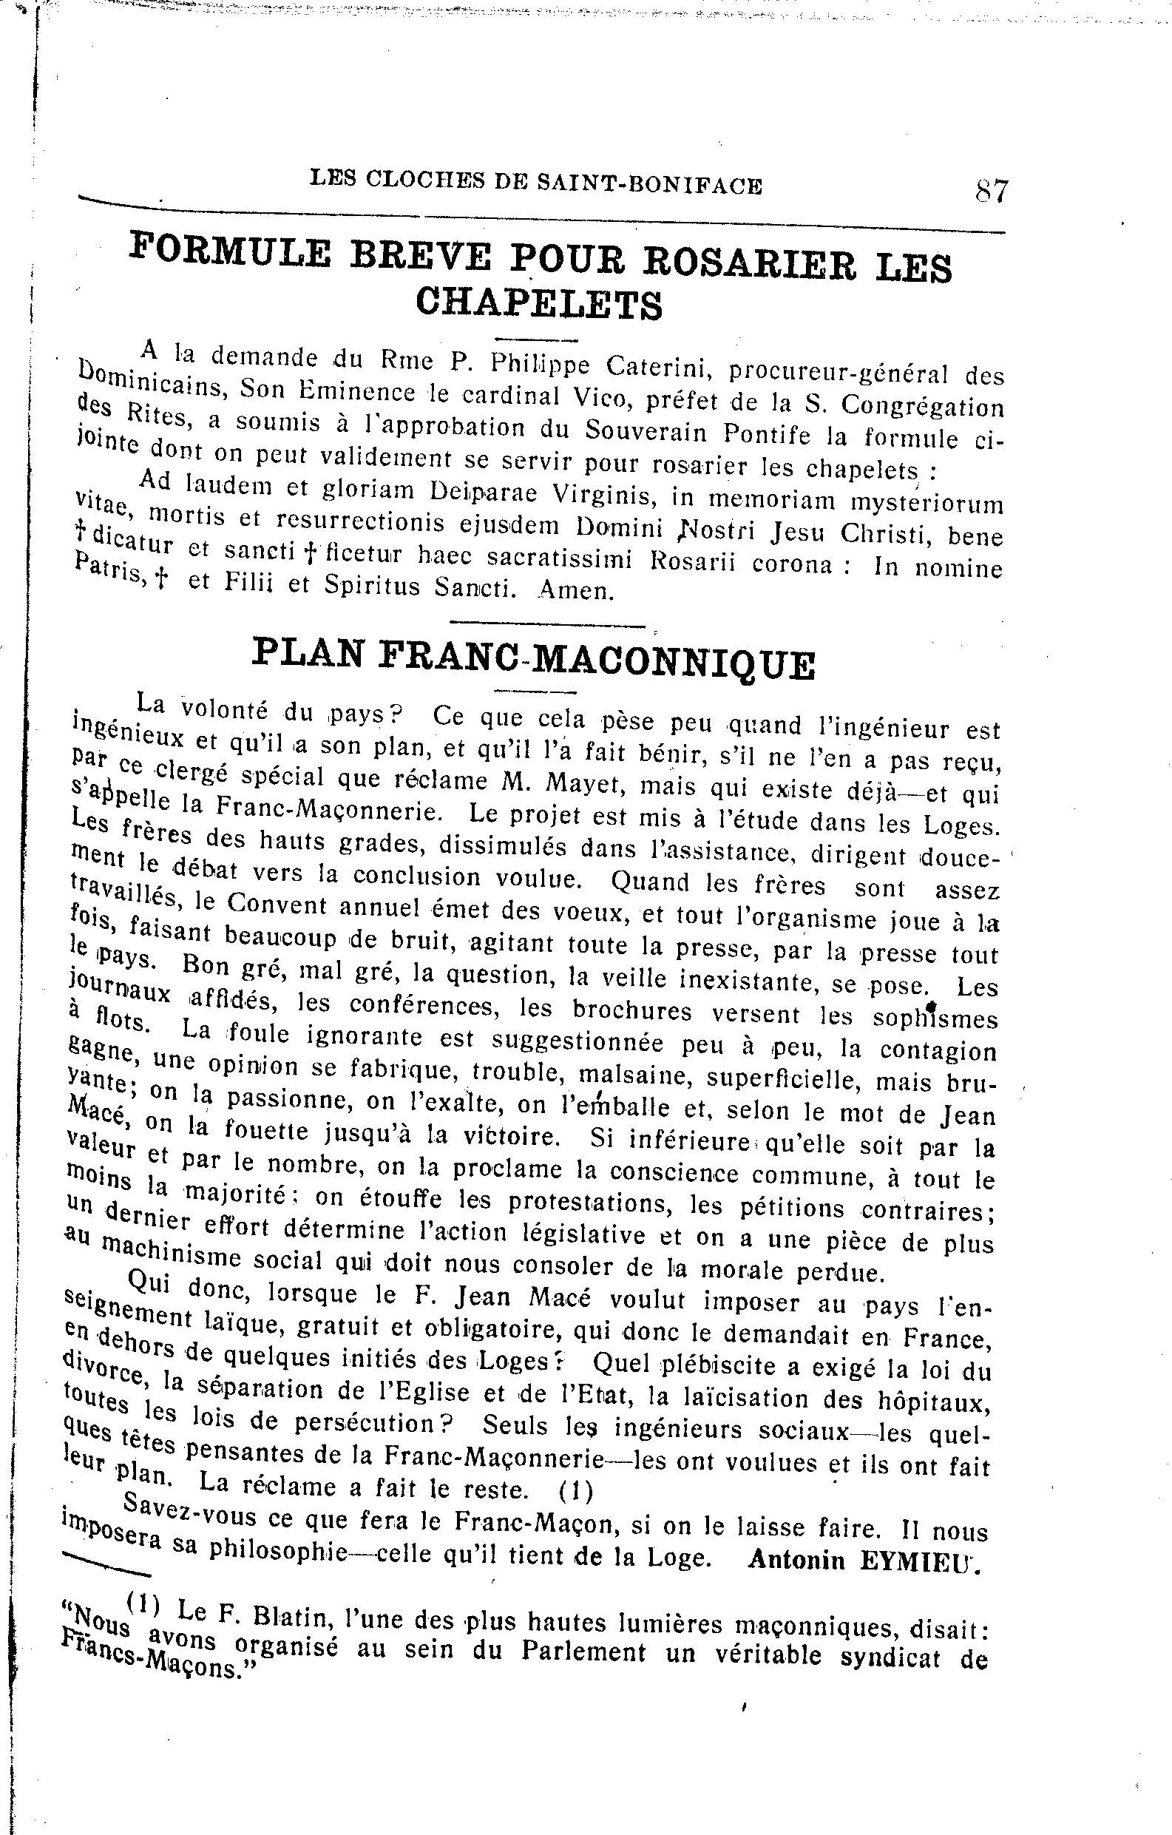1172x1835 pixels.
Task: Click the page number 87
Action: [992, 191]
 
